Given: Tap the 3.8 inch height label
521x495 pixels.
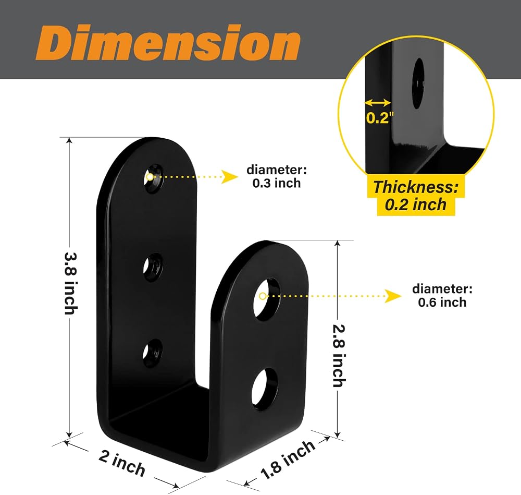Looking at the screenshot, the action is [70, 283].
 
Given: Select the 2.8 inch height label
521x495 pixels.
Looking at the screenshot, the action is [339, 356].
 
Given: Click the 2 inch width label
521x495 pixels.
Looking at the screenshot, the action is [122, 463].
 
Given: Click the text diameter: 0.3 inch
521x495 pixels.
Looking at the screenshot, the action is [277, 176].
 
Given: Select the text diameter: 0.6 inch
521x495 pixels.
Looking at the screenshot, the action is [442, 295].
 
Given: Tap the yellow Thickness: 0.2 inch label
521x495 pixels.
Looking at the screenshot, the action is [416, 196].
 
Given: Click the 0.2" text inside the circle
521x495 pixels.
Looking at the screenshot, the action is [380, 118].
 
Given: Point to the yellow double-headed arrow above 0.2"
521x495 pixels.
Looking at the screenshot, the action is [378, 102].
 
